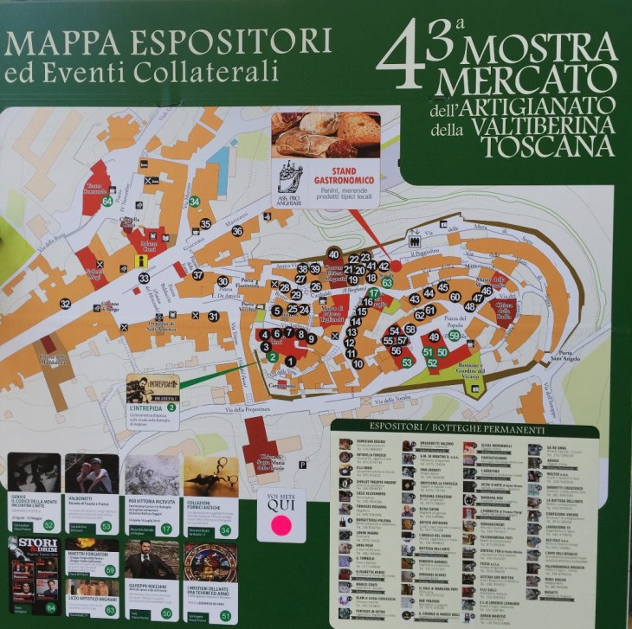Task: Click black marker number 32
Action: (65, 304)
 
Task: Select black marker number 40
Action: (333, 254)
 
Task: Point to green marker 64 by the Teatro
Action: (107, 202)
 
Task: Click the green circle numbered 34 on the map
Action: (195, 202)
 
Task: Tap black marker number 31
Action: (213, 317)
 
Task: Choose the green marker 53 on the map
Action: (407, 363)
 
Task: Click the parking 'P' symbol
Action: (301, 465)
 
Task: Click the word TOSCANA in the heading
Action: (548, 145)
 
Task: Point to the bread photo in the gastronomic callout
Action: (326, 134)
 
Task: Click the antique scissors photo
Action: (210, 476)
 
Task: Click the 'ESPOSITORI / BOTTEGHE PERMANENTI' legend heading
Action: (465, 430)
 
